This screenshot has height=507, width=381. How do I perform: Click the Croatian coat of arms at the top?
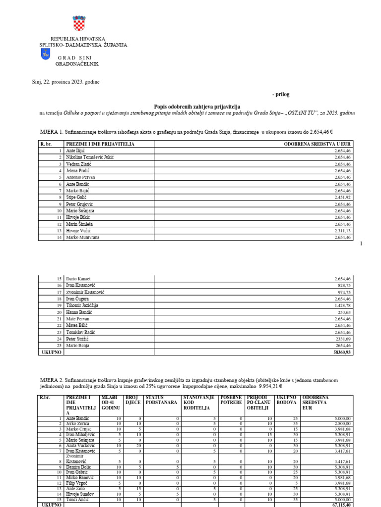click(79, 23)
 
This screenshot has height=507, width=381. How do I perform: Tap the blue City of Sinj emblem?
click(46, 54)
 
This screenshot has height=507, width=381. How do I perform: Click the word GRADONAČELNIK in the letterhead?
click(77, 64)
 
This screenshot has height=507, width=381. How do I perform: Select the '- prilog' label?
click(280, 94)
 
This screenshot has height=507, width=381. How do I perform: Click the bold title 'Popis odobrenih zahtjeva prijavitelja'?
click(197, 106)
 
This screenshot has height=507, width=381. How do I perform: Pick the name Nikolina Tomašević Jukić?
click(90, 157)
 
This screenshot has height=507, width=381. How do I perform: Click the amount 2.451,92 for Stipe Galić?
click(342, 197)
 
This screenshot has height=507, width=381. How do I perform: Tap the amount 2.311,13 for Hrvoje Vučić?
click(342, 231)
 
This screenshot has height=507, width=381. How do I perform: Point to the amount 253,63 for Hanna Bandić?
click(344, 312)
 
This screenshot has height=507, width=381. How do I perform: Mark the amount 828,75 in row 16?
click(344, 286)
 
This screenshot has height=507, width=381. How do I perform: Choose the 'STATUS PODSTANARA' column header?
click(161, 400)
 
